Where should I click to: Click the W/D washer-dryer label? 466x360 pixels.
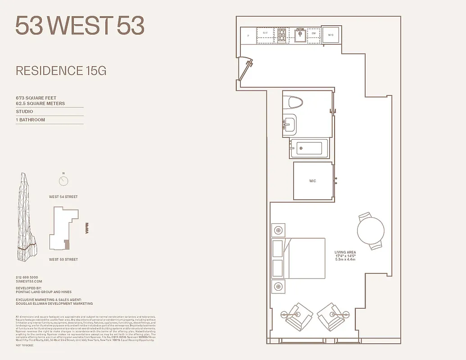pyautogui.click(x=330, y=35)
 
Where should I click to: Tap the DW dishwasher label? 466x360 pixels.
pyautogui.click(x=313, y=33)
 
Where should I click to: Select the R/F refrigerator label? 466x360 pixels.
pyautogui.click(x=265, y=33)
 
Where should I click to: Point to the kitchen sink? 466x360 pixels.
pyautogui.click(x=300, y=35)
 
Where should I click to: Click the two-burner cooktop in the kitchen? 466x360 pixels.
pyautogui.click(x=282, y=36)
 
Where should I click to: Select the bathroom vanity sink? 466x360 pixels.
pyautogui.click(x=290, y=123)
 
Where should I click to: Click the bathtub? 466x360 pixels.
pyautogui.click(x=309, y=148)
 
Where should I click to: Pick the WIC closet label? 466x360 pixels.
pyautogui.click(x=312, y=181)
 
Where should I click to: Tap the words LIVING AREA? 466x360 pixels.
pyautogui.click(x=345, y=252)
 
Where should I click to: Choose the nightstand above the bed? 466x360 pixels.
pyautogui.click(x=278, y=230)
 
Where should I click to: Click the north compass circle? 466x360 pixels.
pyautogui.click(x=63, y=181)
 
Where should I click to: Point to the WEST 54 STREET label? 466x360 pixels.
pyautogui.click(x=63, y=197)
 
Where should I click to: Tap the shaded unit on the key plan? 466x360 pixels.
pyautogui.click(x=67, y=244)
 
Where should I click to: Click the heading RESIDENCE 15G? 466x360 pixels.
pyautogui.click(x=61, y=71)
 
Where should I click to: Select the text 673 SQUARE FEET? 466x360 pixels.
pyautogui.click(x=36, y=98)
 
